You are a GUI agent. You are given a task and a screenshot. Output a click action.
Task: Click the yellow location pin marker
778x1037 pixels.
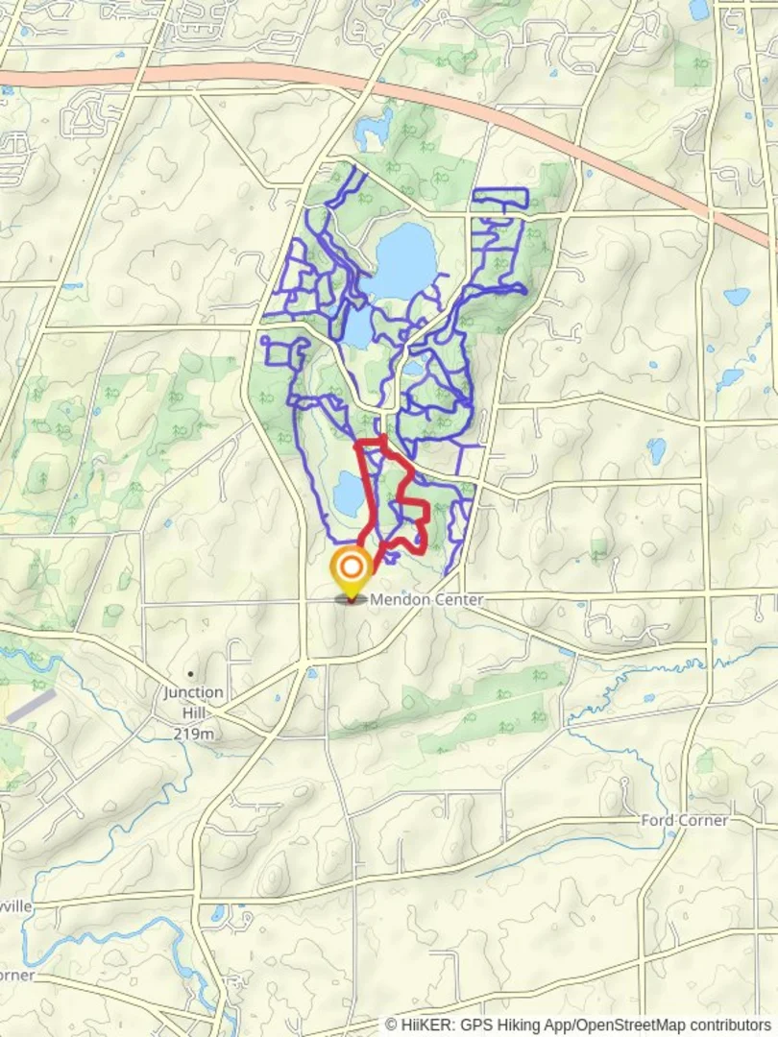coord(351,570)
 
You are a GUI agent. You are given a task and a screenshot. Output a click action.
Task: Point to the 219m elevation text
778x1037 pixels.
coord(193,734)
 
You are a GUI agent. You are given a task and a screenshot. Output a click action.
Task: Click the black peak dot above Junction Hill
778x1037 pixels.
coord(191,674)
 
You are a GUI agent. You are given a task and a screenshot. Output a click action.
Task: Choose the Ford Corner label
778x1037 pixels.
coord(685,821)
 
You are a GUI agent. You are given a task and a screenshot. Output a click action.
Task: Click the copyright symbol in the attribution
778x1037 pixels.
coord(392,1025)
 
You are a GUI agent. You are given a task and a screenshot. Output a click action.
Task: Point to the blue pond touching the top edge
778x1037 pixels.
coord(698,9)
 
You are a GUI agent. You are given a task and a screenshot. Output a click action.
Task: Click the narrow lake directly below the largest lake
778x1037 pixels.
coord(356,329)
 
